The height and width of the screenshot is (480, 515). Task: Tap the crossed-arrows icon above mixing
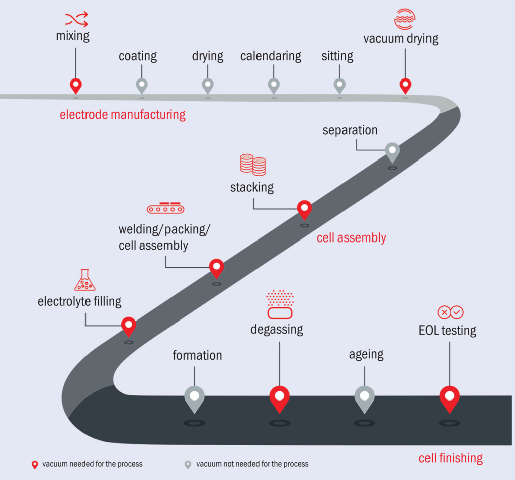[76, 19]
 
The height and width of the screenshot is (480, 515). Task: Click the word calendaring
[271, 56]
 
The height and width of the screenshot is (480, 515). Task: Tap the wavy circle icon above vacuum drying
[405, 19]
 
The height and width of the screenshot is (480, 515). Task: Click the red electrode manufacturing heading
[123, 115]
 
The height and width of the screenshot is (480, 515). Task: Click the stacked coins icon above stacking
[252, 165]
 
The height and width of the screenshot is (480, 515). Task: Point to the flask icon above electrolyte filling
[84, 280]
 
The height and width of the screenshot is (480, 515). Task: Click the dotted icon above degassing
[280, 304]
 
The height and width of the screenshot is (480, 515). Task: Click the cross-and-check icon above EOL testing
[450, 312]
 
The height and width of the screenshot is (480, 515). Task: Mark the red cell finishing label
[451, 458]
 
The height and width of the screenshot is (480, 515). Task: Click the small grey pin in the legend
[188, 464]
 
